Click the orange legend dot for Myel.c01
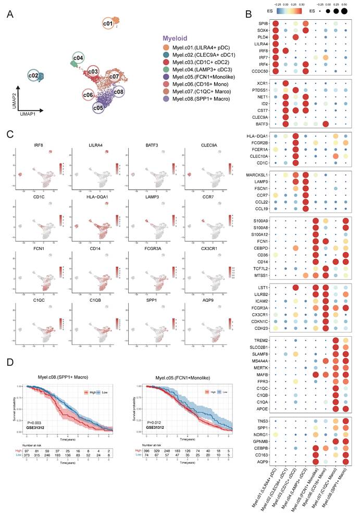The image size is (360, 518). click(166, 48)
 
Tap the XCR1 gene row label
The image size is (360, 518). click(264, 83)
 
